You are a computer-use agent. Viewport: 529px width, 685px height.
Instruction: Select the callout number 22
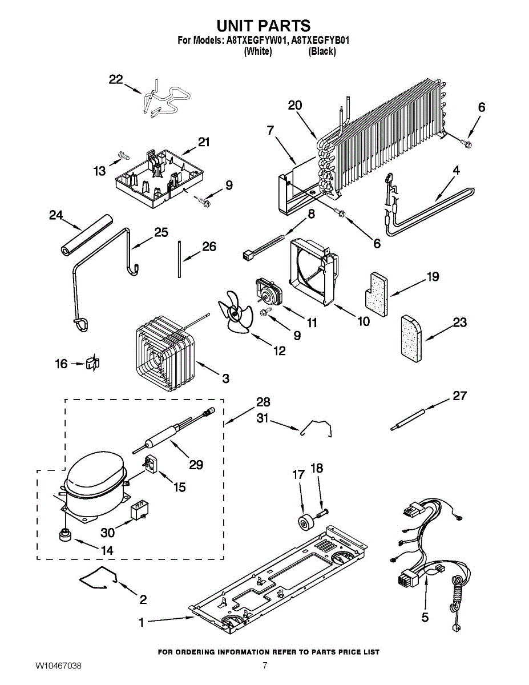coord(116,79)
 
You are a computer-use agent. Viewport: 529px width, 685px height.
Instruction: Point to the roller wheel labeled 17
coord(305,523)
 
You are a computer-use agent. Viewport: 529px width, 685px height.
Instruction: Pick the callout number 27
coord(459,396)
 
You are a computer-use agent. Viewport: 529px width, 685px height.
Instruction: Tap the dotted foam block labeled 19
coord(376,294)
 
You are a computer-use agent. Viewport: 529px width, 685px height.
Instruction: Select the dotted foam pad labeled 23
coord(411,340)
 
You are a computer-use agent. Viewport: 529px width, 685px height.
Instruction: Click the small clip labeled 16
coord(92,363)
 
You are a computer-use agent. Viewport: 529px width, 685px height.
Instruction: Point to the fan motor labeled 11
coord(270,292)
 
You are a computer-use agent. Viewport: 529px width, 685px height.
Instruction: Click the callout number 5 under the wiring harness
coord(425,617)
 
